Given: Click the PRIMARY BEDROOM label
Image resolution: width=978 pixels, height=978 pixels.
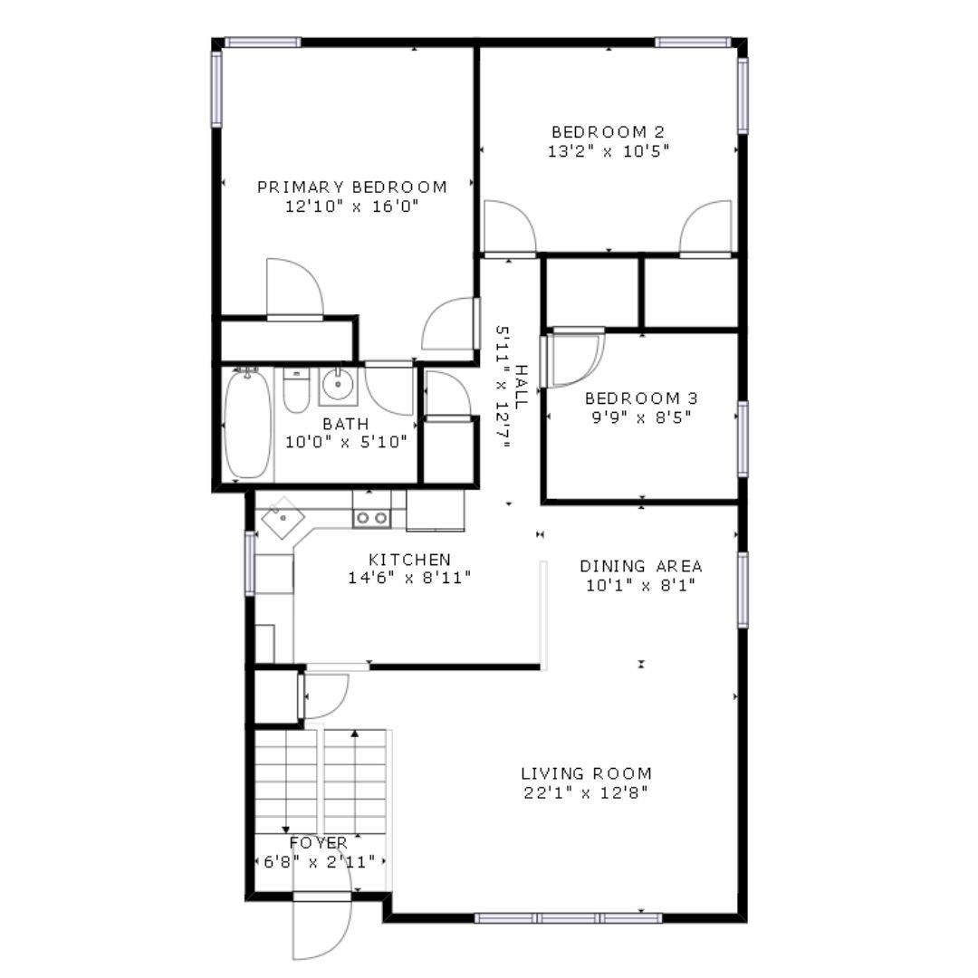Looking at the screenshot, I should coord(352,187).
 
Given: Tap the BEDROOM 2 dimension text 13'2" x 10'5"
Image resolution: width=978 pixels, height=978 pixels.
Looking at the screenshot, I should coord(608,151).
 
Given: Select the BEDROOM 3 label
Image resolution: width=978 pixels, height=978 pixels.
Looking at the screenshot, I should coord(640,398).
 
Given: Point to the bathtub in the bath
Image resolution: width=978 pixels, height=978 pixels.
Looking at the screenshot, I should coord(247,424).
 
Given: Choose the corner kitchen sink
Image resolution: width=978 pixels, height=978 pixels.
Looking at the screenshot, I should coord(283,519).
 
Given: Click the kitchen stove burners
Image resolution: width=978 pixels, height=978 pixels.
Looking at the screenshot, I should coord(370,518).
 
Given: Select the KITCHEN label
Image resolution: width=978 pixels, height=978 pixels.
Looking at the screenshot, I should coord(409,560).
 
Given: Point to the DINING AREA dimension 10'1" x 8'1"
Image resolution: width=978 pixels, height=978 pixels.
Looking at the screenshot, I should coord(641,585).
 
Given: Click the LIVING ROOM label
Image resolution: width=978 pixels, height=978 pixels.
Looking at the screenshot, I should coord(586,774).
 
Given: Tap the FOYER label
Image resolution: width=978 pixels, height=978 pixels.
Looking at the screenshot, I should coord(318,843).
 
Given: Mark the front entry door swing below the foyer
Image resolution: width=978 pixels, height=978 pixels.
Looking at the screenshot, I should coord(321,928).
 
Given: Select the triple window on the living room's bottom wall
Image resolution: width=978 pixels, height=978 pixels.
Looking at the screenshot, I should coord(569,917).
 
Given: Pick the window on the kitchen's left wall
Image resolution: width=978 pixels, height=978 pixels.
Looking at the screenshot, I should coord(249,563).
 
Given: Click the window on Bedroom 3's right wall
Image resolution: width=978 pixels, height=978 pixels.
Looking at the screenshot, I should coord(742,439).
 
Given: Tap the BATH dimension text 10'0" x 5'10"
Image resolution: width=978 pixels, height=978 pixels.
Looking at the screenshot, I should coord(346,443).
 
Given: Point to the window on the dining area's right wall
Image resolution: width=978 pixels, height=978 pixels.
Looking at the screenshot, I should coord(742,590).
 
